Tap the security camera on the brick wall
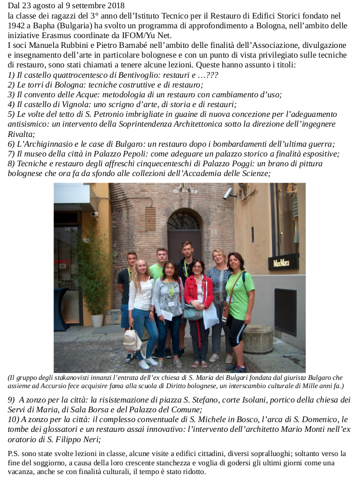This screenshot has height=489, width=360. coord(228,194)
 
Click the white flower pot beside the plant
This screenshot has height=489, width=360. coord(97,320)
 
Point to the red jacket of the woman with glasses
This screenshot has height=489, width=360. coord(198,291)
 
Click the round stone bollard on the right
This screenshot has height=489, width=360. coord(258,338)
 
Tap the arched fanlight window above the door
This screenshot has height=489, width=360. coord(184,221)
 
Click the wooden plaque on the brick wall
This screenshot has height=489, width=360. coord(150,219)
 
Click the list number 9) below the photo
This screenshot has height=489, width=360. coord(12,399)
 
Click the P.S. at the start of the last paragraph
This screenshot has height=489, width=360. coord(15,453)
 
